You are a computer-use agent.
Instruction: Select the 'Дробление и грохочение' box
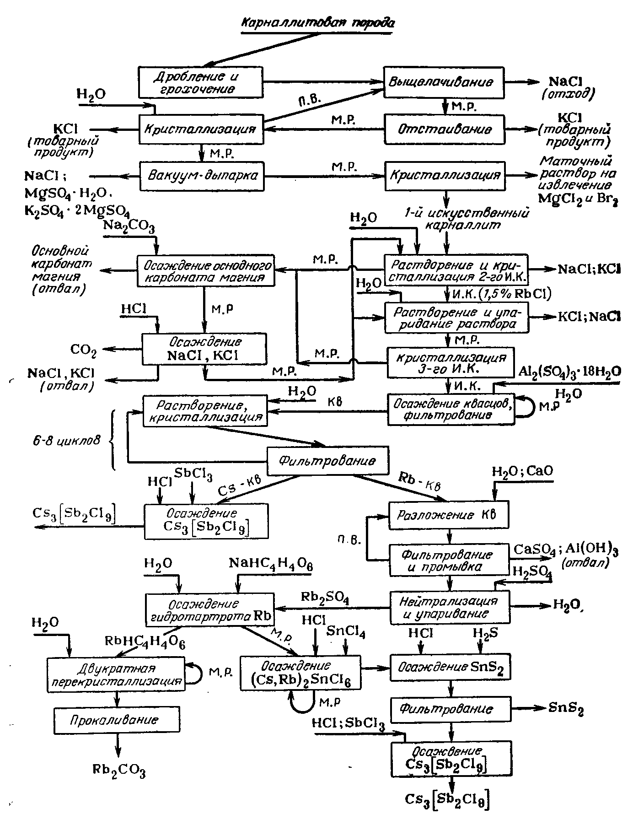[201, 82]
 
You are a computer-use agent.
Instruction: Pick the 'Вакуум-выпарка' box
[202, 176]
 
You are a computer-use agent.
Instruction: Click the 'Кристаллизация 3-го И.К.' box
[450, 363]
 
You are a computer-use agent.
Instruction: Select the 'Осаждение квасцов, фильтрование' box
[451, 409]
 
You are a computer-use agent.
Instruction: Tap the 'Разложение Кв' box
[448, 515]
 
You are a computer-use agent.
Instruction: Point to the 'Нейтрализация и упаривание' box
[450, 607]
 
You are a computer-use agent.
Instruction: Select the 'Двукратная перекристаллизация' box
[115, 675]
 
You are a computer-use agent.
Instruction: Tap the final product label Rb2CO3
[119, 771]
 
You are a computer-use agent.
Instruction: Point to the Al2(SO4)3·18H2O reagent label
[569, 372]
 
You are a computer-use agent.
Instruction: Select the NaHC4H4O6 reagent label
[270, 564]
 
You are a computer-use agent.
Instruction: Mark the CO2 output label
[84, 350]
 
